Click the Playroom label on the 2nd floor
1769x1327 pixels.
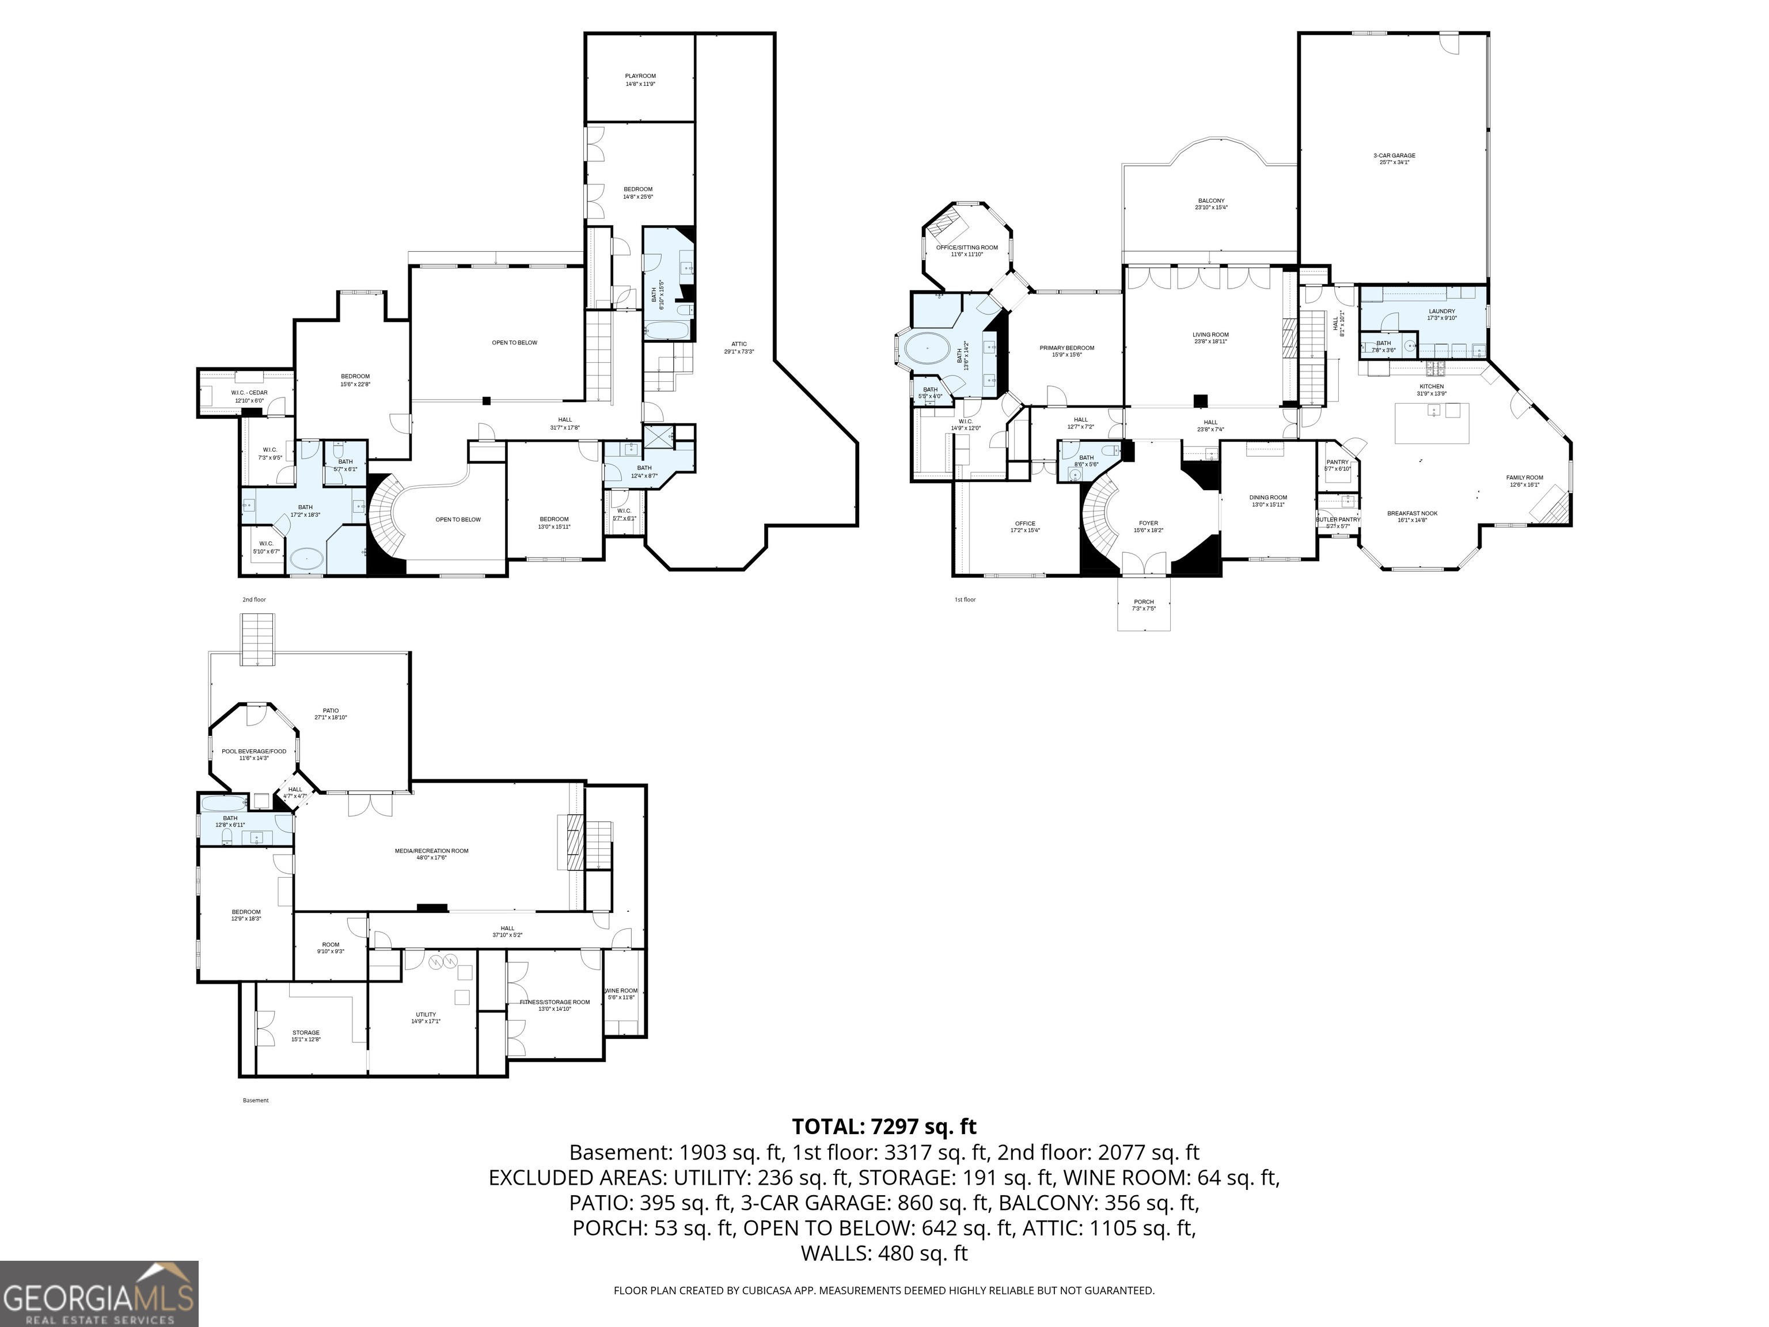640,79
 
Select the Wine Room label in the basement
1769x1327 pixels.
621,994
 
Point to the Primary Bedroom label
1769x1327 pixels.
1067,350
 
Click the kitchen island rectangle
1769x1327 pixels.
1432,423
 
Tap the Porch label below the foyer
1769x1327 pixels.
1144,605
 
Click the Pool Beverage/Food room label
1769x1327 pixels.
253,755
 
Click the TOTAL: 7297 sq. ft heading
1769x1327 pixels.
884,1126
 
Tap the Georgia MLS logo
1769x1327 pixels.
98,1294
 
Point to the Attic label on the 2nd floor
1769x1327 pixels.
738,347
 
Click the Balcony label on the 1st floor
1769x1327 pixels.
1211,204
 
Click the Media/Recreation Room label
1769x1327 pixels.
431,854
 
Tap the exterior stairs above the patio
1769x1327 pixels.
257,639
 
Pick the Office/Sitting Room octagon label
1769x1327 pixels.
967,251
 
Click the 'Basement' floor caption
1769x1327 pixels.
255,1100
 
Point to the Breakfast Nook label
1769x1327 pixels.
1411,516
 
